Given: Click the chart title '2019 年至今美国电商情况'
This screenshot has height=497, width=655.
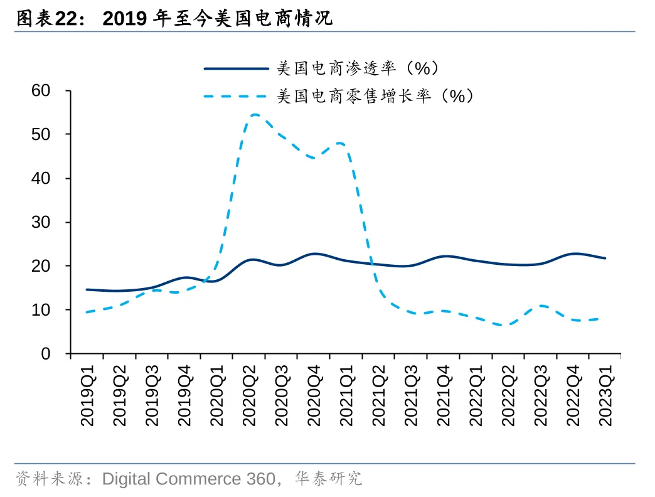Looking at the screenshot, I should tap(217, 19).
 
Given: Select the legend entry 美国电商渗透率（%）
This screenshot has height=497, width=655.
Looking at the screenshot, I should tap(358, 68).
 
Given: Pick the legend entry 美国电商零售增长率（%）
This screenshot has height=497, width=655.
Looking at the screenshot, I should tap(375, 96).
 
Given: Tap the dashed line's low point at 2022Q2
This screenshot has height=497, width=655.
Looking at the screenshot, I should tap(507, 325).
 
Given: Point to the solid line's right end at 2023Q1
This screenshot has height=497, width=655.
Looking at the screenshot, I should tap(605, 258).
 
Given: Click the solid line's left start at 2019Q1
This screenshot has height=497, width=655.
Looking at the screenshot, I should tap(87, 290).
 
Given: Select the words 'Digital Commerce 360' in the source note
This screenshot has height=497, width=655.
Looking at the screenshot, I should tap(188, 479).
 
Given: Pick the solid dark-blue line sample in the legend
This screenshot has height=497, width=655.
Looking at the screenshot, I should tap(236, 68).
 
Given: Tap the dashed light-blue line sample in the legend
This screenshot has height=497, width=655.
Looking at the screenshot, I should tap(236, 96).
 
